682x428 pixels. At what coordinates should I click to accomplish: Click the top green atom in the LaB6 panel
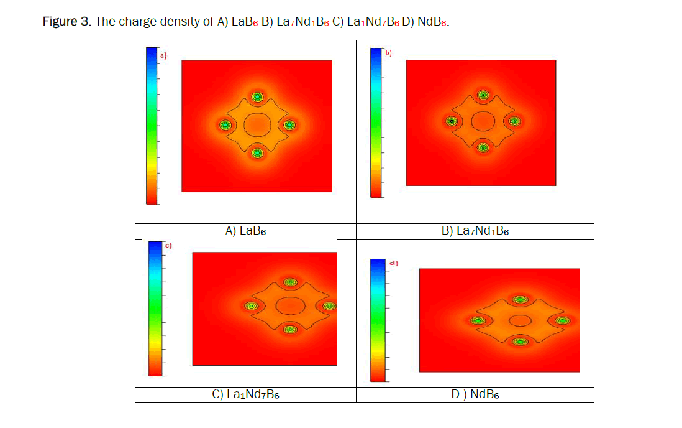[257, 97]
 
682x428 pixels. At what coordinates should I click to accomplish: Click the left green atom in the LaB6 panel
[225, 125]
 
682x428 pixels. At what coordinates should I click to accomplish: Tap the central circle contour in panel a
[257, 125]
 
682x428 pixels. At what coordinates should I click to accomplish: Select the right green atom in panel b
[514, 121]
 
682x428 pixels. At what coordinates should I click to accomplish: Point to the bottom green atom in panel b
[483, 147]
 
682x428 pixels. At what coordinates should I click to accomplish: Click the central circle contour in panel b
[483, 121]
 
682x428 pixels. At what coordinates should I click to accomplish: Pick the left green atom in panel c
[251, 306]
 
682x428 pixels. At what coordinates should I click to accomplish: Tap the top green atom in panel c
[290, 282]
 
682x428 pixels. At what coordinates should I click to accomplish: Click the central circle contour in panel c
[289, 306]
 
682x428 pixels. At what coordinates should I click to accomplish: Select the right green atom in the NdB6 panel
[562, 320]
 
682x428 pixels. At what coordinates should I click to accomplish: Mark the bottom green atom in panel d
[520, 341]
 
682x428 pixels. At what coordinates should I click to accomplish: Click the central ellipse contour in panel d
[520, 320]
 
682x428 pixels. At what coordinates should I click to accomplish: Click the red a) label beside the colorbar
[164, 55]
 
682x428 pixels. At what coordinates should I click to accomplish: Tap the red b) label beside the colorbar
[388, 52]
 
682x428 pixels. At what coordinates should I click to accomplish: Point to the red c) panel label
[167, 246]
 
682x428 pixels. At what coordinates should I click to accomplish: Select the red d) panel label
[393, 263]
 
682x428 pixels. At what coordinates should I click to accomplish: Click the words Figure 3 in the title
[66, 22]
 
